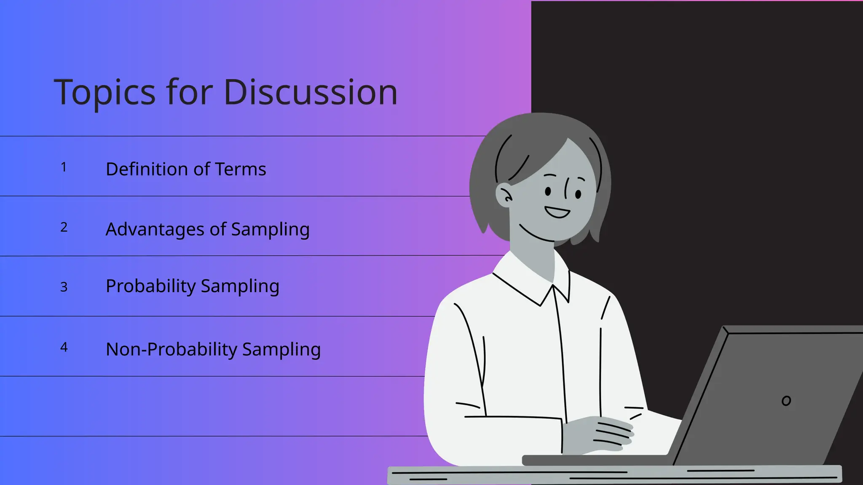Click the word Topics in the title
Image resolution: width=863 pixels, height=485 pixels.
click(105, 93)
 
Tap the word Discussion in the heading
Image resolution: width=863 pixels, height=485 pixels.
click(311, 92)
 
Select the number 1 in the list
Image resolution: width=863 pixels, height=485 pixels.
click(64, 167)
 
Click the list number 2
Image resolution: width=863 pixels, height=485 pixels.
click(64, 227)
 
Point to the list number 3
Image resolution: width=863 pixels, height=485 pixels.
click(64, 287)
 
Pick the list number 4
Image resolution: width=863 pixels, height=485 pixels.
click(64, 347)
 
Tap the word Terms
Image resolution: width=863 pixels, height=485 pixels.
click(240, 169)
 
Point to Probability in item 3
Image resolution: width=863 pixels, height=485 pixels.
click(150, 286)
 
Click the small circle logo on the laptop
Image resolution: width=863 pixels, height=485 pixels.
click(786, 401)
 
